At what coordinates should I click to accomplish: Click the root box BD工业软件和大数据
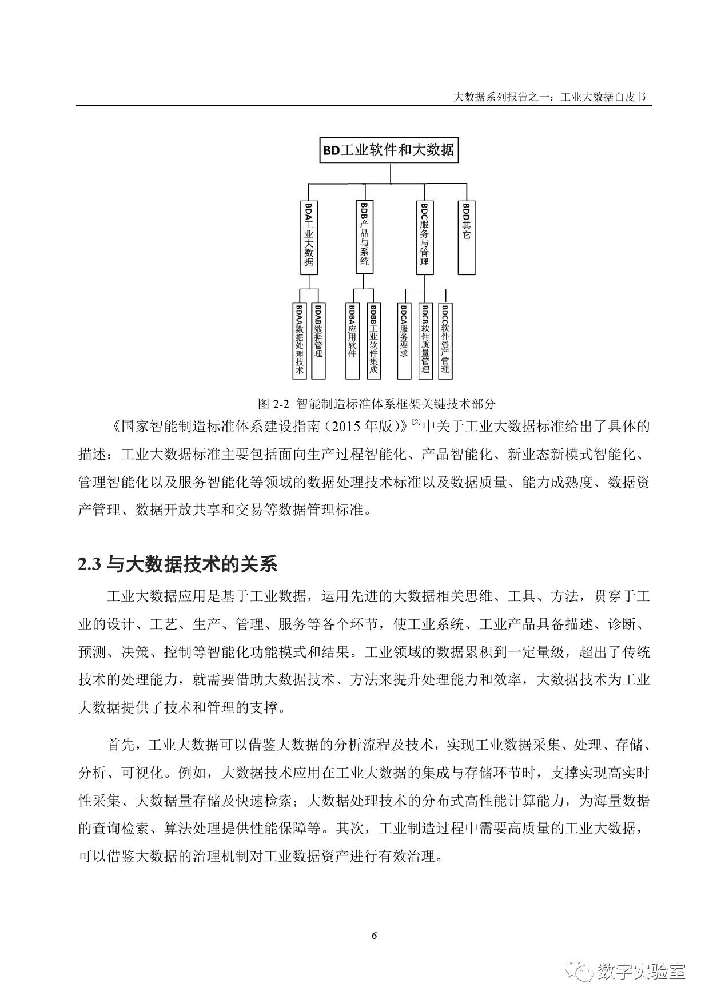point(389,150)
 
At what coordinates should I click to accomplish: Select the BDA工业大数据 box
point(309,237)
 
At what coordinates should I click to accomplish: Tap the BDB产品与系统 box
point(365,237)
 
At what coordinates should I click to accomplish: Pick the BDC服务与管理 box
point(424,237)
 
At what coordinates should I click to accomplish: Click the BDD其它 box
point(467,237)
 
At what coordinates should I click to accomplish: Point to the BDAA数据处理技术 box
point(300,341)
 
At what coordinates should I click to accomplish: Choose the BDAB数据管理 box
point(318,341)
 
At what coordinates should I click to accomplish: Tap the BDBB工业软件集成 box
point(373,341)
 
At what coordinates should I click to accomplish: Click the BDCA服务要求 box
point(404,341)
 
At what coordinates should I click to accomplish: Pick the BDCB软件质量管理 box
point(425,341)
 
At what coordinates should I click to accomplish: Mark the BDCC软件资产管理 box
point(445,341)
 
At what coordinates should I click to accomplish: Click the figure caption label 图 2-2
point(272,404)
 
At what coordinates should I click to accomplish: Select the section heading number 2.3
point(90,564)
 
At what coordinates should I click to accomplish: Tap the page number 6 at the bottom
point(374,936)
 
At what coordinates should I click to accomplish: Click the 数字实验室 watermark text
point(641,971)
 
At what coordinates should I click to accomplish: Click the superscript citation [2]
point(416,422)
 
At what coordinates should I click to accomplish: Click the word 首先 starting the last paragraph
point(121,745)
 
